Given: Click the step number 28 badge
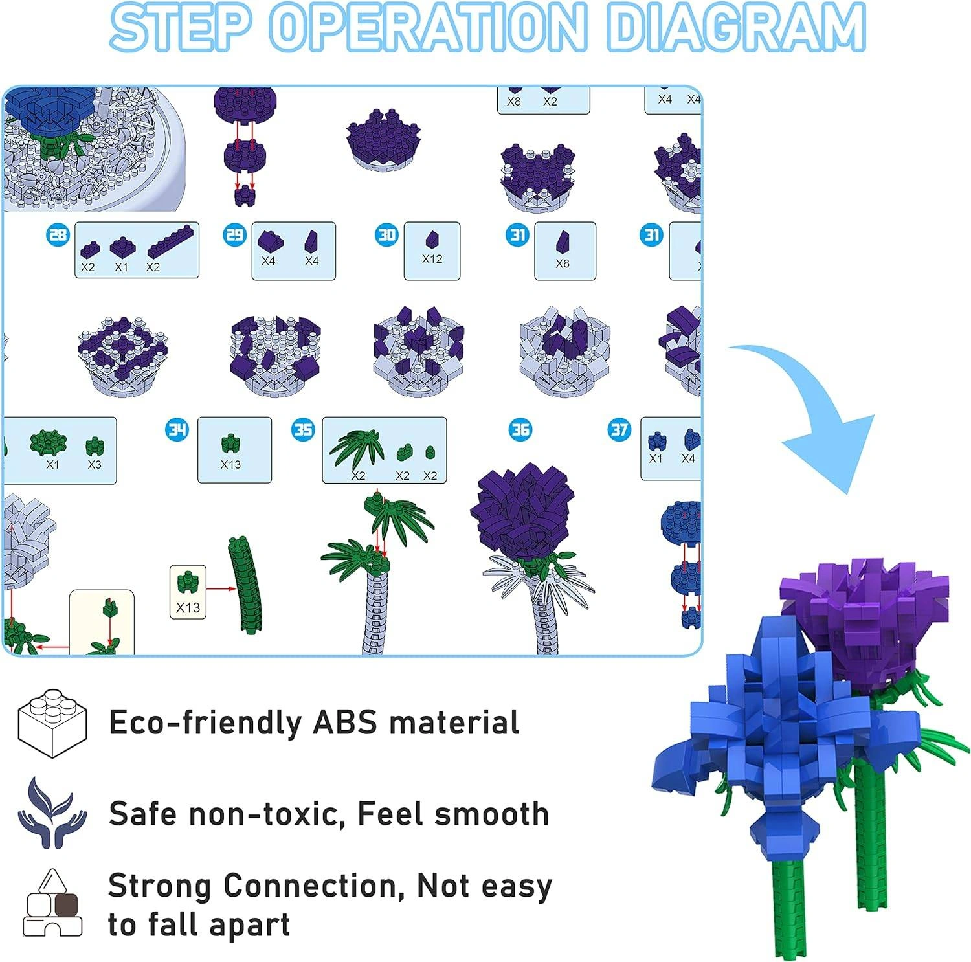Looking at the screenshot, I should (58, 234).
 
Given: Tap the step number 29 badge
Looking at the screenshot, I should (234, 234).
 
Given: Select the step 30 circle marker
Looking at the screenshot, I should (387, 234).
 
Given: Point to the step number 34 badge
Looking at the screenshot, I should (177, 429).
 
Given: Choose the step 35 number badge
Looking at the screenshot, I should (302, 429).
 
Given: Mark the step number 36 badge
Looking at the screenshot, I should (520, 429).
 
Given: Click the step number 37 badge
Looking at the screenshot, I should (619, 429).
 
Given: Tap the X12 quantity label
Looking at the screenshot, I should (432, 259).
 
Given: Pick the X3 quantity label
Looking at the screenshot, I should (95, 464).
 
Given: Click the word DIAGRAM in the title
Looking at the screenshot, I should (736, 27).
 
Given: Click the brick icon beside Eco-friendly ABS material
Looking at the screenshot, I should (52, 722).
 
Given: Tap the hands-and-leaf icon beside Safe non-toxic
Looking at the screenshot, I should (52, 813).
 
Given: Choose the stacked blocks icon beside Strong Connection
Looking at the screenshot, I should (52, 904).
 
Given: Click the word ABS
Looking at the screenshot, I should (345, 722).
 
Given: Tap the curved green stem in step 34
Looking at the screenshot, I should (246, 586).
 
